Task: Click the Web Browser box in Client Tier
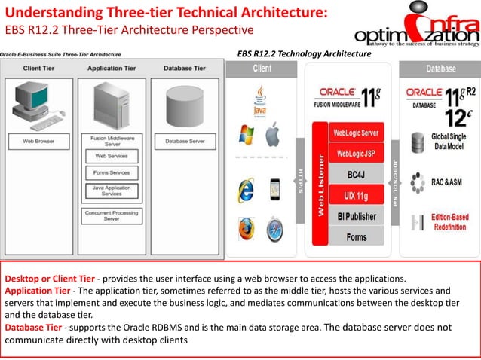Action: tap(38, 141)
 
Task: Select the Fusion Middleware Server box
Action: tap(112, 141)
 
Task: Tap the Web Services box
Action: tap(112, 157)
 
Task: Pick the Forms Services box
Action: tap(112, 172)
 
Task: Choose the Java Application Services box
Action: tap(112, 191)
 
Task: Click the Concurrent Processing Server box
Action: tap(112, 215)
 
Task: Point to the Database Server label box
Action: tap(185, 141)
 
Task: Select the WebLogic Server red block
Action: tap(357, 133)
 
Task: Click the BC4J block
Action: tap(357, 175)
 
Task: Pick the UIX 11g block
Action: tap(357, 196)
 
